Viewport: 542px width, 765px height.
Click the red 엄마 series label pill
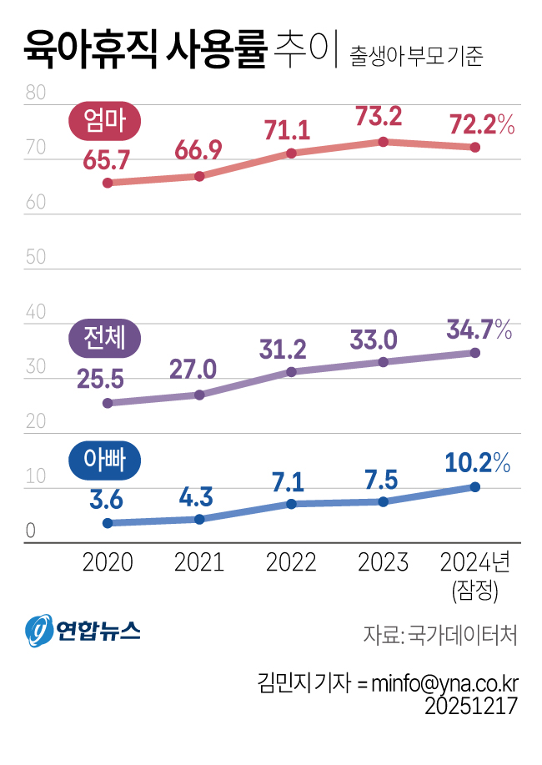104,120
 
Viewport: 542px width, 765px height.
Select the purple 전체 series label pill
104,338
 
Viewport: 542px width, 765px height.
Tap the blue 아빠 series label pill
104,461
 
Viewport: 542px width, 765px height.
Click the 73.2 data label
379,117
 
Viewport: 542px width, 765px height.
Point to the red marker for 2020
108,183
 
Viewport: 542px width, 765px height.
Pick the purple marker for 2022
291,372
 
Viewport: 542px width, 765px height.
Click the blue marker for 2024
474,487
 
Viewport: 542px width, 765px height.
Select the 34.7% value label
479,330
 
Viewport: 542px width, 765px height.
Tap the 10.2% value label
478,462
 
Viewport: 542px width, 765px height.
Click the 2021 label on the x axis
199,562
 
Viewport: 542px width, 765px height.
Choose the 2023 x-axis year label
383,562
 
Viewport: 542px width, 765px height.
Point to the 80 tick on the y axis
36,93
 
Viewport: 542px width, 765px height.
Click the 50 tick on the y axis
36,257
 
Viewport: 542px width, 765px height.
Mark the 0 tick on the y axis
31,531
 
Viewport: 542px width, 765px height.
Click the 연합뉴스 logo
83,631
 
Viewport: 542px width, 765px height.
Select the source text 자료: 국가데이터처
440,635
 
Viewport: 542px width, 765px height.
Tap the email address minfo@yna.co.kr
445,683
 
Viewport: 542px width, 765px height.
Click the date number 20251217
471,706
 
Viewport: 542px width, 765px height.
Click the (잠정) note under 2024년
475,591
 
